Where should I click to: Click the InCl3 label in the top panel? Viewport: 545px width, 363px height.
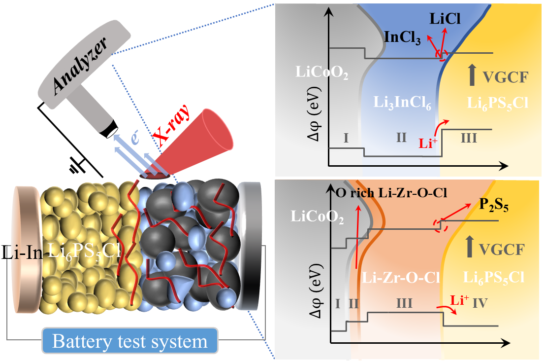(403, 38)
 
